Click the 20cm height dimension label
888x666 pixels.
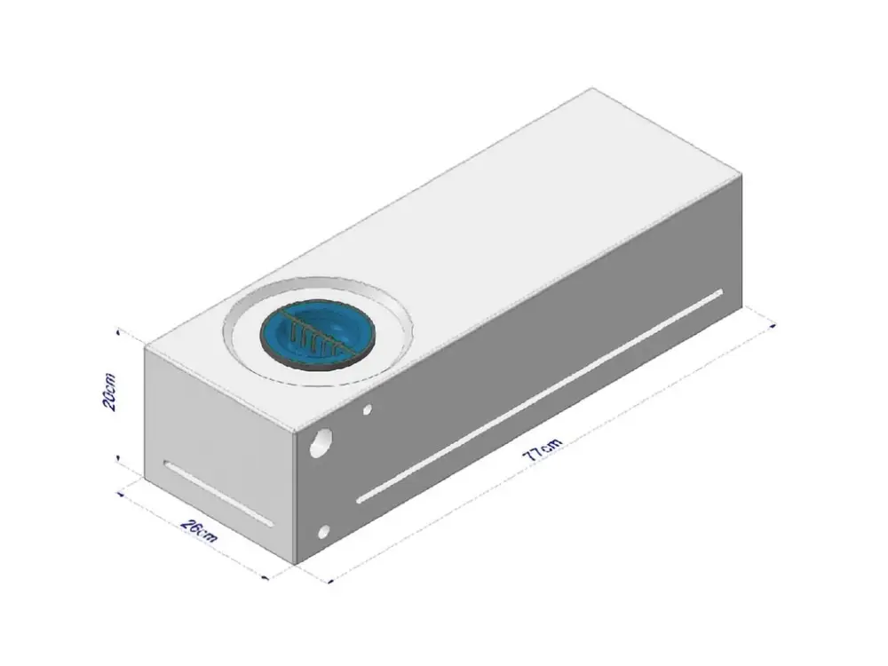coord(110,392)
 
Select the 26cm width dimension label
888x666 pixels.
coord(199,530)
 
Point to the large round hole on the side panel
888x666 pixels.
coord(321,443)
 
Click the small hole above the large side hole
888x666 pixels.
coord(368,408)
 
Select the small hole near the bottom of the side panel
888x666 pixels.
coord(324,531)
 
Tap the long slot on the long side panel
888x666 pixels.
coord(540,396)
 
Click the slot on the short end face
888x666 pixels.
coord(218,494)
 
